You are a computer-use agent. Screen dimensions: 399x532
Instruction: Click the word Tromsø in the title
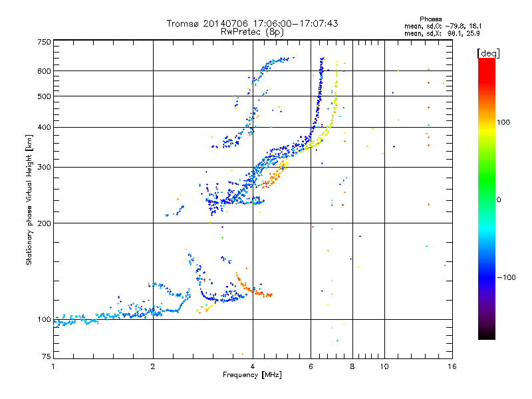pyautogui.click(x=182, y=23)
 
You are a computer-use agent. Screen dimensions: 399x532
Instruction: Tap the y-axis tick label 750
pyautogui.click(x=44, y=42)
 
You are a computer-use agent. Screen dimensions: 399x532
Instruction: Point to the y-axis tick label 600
pyautogui.click(x=44, y=71)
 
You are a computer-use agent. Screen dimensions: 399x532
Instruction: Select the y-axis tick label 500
pyautogui.click(x=44, y=96)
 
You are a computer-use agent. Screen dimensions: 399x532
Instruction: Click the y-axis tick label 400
pyautogui.click(x=44, y=127)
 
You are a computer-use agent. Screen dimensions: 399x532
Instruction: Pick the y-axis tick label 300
pyautogui.click(x=44, y=167)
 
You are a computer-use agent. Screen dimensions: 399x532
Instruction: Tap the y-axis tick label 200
pyautogui.click(x=44, y=223)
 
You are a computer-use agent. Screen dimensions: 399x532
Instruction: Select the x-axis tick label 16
pyautogui.click(x=452, y=366)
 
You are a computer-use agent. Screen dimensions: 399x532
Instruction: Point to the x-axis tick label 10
pyautogui.click(x=384, y=366)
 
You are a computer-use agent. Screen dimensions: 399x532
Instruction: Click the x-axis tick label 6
pyautogui.click(x=311, y=366)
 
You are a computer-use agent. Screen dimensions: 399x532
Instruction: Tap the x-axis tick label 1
pyautogui.click(x=53, y=366)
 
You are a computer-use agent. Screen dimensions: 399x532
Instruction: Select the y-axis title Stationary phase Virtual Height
pyautogui.click(x=29, y=199)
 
